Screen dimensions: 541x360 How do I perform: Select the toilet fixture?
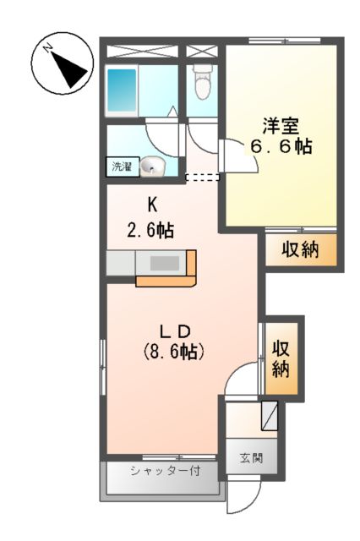201,83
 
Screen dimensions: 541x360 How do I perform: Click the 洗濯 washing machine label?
122,167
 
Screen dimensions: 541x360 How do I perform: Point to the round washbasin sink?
151,167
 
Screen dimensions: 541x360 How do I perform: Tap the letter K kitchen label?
152,204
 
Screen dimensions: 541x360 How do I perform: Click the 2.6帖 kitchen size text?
152,227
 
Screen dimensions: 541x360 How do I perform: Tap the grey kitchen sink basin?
164,264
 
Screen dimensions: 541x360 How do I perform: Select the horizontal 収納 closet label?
300,251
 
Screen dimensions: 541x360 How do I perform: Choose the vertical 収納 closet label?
281,358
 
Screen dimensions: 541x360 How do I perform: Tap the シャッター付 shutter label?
164,470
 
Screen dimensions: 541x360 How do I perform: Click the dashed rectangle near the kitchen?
202,178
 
